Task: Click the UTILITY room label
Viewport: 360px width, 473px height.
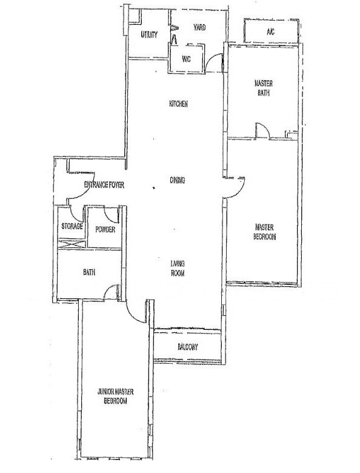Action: (x=149, y=35)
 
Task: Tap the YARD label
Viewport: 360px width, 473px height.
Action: (x=199, y=27)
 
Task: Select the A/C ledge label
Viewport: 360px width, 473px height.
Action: (x=270, y=32)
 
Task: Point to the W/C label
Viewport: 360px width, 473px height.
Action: (x=186, y=59)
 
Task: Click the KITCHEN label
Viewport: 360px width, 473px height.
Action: (x=178, y=104)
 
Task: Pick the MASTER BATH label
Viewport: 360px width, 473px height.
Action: (x=264, y=88)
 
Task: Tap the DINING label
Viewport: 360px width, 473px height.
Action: (x=178, y=180)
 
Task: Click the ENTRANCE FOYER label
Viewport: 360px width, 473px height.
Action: (x=104, y=184)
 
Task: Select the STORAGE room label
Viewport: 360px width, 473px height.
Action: (x=72, y=226)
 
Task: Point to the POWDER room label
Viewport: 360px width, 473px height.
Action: (x=105, y=230)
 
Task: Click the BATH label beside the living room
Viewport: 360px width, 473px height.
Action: (x=89, y=272)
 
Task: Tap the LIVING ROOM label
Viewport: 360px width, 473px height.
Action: (x=178, y=269)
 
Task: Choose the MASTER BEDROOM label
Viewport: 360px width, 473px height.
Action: (x=264, y=232)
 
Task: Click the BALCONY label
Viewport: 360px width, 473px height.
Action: (x=187, y=347)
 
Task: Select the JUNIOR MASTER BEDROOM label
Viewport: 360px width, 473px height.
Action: (x=116, y=397)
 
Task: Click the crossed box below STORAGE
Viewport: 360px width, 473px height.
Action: (x=72, y=244)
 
